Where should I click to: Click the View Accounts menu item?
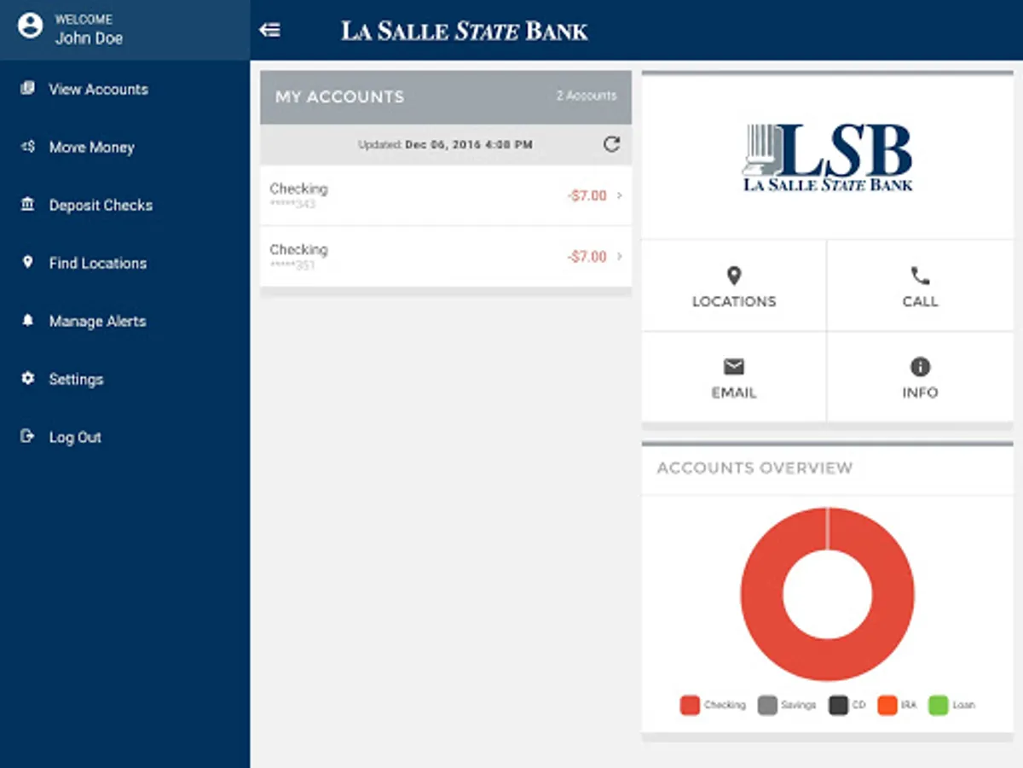click(98, 90)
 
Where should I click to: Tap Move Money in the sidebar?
click(91, 148)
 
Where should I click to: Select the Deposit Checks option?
click(101, 206)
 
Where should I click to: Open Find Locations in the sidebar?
click(97, 264)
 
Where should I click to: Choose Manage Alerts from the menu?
click(97, 322)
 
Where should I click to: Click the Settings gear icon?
click(28, 379)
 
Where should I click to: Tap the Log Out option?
click(75, 438)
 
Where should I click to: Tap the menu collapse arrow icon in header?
click(269, 31)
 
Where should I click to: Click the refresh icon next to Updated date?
click(611, 144)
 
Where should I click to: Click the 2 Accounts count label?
click(586, 96)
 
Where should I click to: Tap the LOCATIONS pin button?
click(733, 286)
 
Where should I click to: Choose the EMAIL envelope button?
click(733, 377)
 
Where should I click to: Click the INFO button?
click(920, 377)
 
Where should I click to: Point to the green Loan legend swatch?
click(938, 706)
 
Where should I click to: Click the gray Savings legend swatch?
click(767, 706)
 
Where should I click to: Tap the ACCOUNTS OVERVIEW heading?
click(754, 468)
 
